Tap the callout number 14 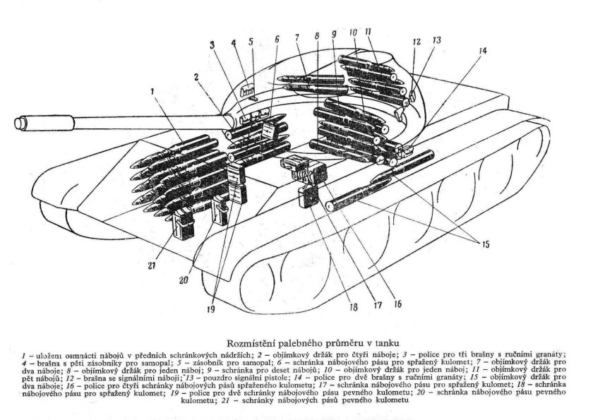(482, 51)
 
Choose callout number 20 (184, 280)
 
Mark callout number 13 (437, 40)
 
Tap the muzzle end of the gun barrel (16, 123)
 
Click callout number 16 (397, 304)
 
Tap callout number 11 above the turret (368, 32)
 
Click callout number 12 (416, 42)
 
